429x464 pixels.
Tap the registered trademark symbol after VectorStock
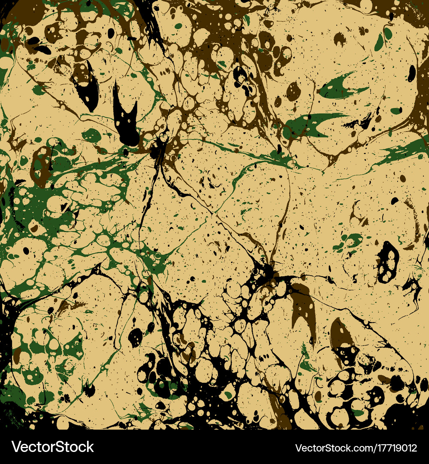click(x=96, y=443)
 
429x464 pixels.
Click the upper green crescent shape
click(x=339, y=88)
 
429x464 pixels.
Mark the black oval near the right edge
click(x=411, y=73)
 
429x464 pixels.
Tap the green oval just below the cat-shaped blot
click(x=91, y=136)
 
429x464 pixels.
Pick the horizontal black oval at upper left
click(x=42, y=49)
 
